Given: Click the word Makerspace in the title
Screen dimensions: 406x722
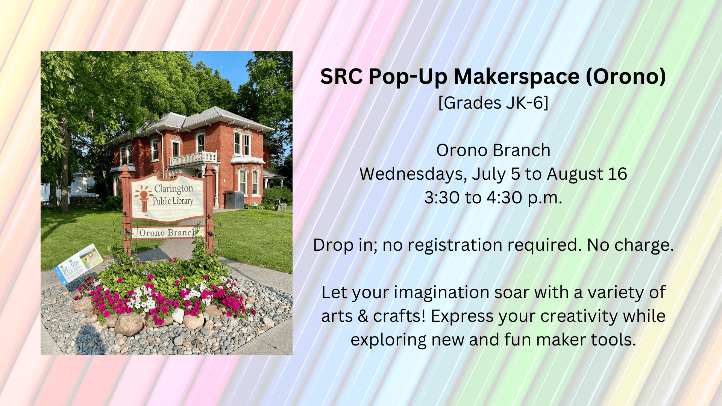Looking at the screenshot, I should tap(517, 77).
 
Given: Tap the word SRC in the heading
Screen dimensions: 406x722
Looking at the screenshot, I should tap(341, 77).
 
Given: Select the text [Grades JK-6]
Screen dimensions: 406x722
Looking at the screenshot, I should tap(493, 103).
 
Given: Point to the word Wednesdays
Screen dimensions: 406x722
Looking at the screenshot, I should tap(413, 174).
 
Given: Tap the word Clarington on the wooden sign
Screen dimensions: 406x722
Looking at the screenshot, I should tap(173, 188).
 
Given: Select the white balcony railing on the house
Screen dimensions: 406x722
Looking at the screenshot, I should tap(193, 158).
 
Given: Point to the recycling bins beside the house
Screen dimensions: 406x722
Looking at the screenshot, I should tap(234, 200).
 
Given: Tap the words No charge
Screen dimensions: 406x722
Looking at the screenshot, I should tap(630, 245).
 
